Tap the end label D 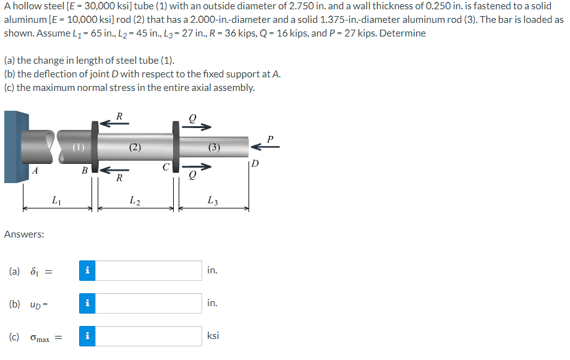[255, 163]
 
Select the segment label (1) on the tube [77, 147]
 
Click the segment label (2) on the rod [135, 147]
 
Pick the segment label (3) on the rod [213, 147]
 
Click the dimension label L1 [56, 200]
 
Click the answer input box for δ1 [148, 270]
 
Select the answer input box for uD [148, 303]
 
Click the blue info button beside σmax [87, 336]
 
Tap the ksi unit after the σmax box [213, 336]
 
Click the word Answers [23, 234]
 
